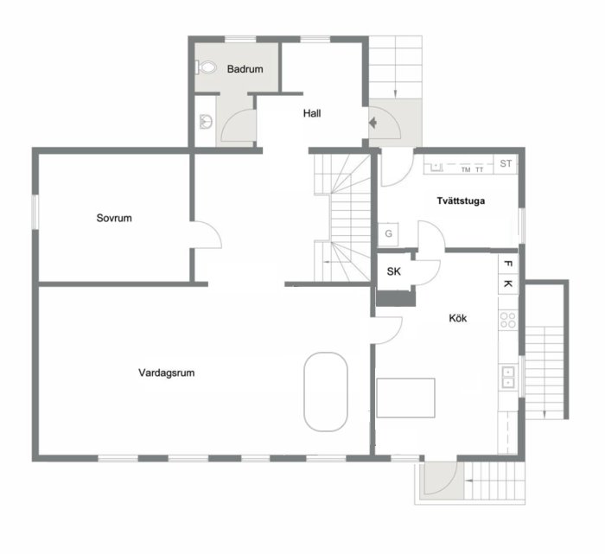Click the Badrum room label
245,69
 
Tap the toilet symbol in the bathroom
206,67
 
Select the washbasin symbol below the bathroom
206,122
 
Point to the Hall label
312,113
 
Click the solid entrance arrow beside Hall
373,123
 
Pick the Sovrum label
114,218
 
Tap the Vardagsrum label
166,373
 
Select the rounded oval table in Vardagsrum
326,392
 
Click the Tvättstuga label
461,201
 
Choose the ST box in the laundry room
506,163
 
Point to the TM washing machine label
466,169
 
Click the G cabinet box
388,234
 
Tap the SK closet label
393,271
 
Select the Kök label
457,318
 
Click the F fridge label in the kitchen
508,264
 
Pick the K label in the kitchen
508,283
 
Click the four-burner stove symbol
508,320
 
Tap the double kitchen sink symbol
508,377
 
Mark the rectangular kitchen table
406,398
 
